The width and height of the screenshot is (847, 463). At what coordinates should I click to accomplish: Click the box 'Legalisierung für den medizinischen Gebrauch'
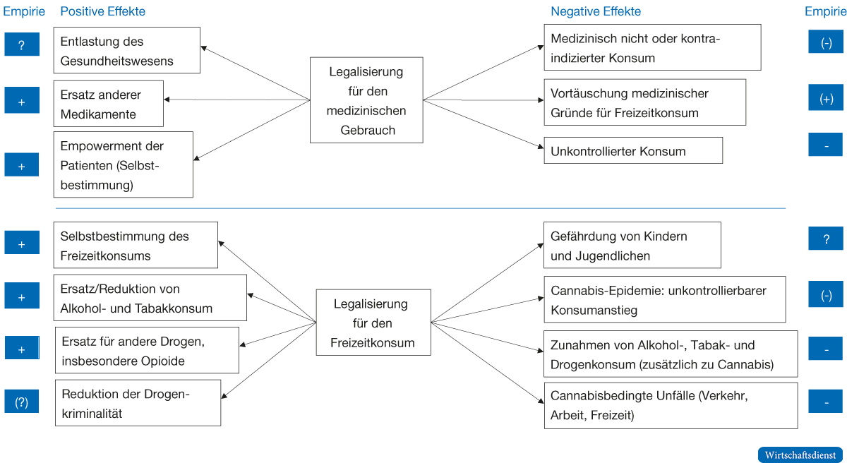tap(366, 100)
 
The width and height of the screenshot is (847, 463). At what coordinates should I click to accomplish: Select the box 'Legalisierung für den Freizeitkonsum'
tap(372, 324)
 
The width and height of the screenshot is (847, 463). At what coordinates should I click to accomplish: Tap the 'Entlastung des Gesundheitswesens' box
tap(127, 51)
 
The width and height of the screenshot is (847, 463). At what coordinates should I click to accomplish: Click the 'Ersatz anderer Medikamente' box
tap(109, 104)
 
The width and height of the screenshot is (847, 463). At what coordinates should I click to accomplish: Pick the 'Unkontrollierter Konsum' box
tap(632, 151)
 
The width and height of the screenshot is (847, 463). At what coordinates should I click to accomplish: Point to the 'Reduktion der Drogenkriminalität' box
tap(138, 403)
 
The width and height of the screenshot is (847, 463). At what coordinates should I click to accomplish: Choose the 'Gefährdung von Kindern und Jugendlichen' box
tap(632, 246)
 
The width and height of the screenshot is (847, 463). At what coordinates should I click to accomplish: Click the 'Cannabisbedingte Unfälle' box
tap(670, 406)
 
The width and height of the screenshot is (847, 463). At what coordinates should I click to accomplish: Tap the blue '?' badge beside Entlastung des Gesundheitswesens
tap(21, 45)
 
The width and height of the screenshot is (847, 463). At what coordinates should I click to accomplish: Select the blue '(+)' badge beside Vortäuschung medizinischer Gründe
tap(827, 100)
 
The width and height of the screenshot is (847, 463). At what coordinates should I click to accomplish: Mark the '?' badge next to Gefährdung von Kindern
tap(827, 239)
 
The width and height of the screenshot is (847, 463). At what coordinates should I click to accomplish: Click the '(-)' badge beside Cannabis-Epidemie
tap(827, 295)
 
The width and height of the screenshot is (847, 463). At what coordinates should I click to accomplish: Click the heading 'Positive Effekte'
tap(103, 12)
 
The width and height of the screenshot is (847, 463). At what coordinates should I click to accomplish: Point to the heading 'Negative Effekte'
tap(596, 12)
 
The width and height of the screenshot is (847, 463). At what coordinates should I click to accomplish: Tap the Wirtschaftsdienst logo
tap(800, 455)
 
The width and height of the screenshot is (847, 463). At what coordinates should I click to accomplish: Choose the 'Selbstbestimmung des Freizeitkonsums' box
tap(136, 246)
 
